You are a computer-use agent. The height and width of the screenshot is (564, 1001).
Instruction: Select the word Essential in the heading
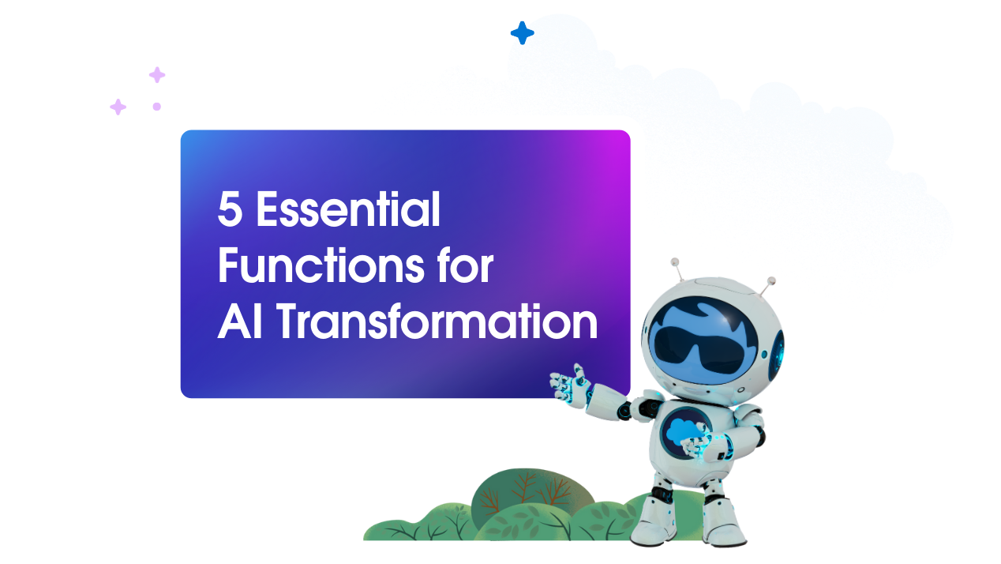348,212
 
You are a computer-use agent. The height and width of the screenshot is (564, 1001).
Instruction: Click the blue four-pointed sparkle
522,32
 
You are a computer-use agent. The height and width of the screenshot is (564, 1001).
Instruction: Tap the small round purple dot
156,106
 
